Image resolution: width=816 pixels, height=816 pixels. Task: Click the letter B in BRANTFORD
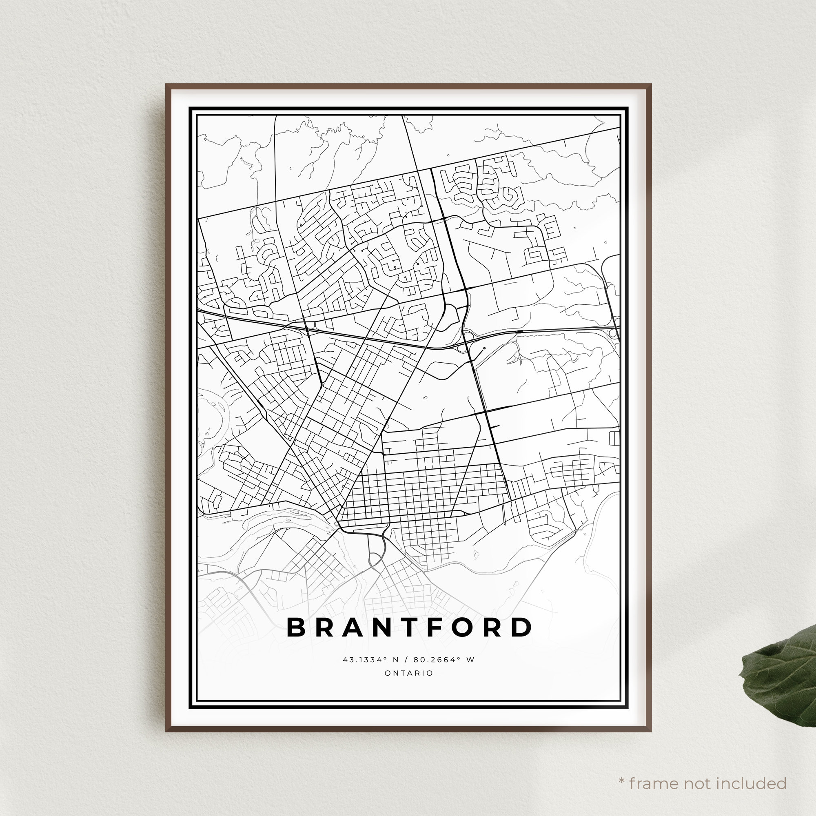coord(296,628)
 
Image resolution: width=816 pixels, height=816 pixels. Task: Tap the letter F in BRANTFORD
coord(423,628)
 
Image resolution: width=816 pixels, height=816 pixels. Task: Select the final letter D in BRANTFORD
coord(523,628)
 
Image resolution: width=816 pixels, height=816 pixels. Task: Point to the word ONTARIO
coord(408,673)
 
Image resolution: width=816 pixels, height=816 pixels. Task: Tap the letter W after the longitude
coord(470,660)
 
